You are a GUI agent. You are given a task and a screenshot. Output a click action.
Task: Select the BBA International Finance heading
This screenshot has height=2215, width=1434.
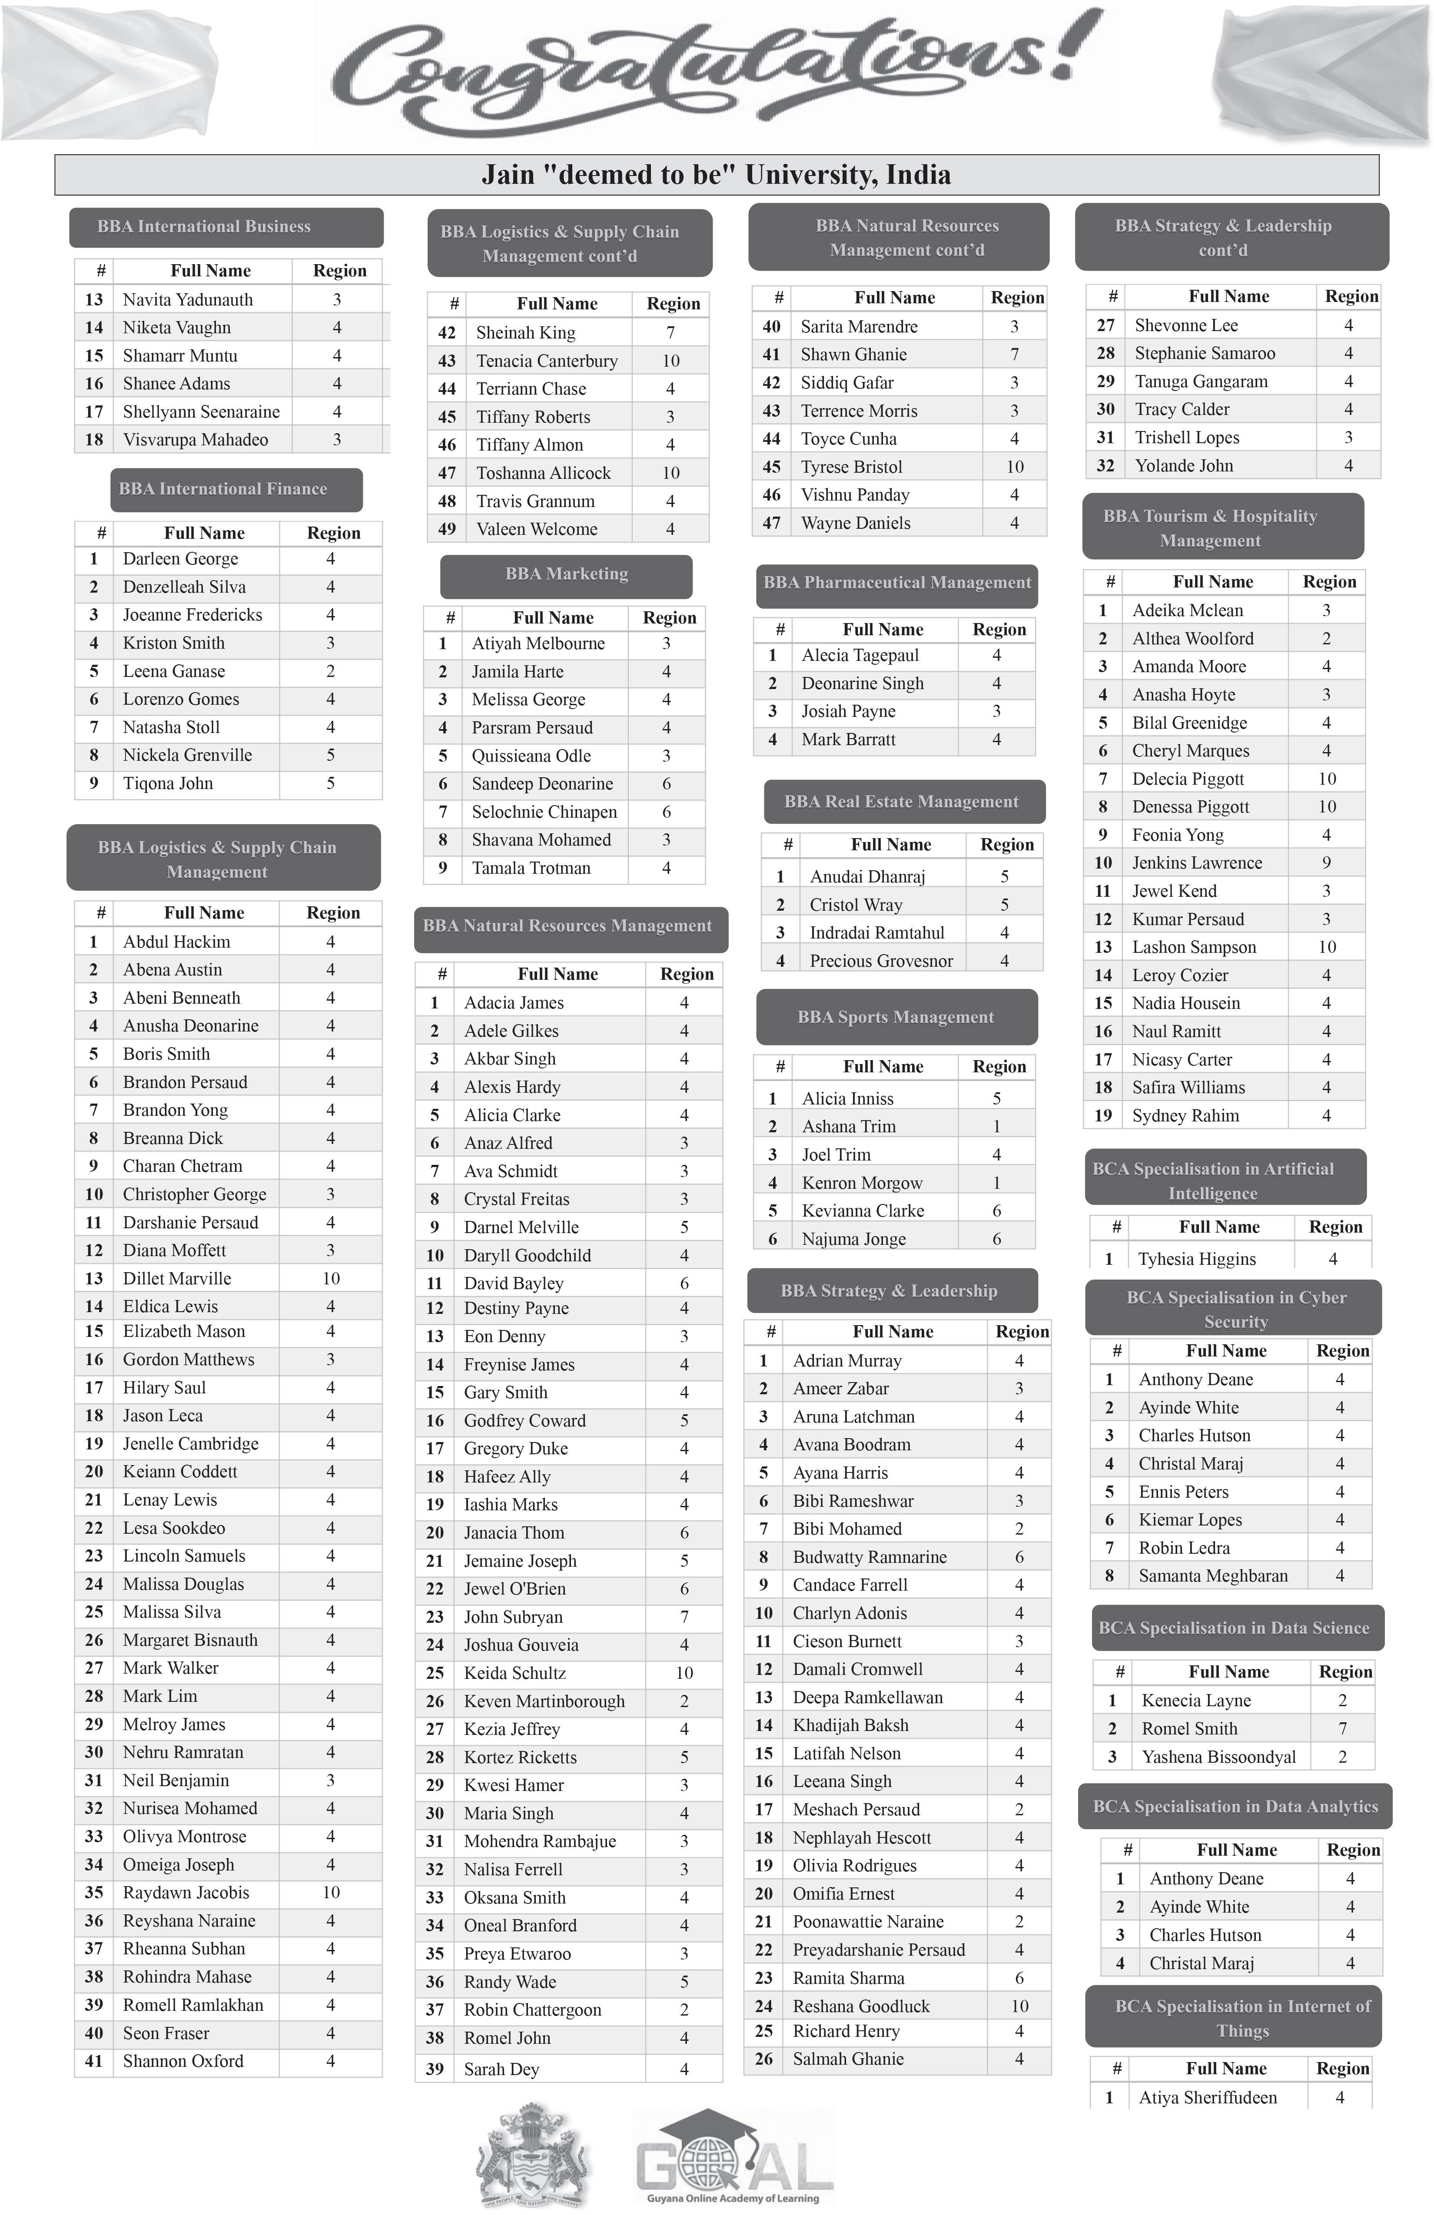point(223,490)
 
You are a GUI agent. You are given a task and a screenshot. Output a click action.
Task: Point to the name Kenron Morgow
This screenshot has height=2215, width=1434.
point(862,1183)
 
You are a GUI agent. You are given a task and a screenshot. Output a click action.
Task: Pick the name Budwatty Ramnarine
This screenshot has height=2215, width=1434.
point(869,1557)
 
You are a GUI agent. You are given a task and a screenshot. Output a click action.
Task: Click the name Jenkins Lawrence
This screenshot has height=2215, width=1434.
point(1197,864)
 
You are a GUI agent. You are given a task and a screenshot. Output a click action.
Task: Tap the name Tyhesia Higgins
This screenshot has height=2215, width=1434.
point(1197,1259)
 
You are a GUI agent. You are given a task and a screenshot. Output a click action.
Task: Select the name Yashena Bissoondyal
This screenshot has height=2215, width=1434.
point(1218,1757)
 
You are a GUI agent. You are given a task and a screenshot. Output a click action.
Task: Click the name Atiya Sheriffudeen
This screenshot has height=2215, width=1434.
point(1207,2098)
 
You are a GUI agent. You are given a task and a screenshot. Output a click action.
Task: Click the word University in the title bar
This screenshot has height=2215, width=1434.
point(847,175)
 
